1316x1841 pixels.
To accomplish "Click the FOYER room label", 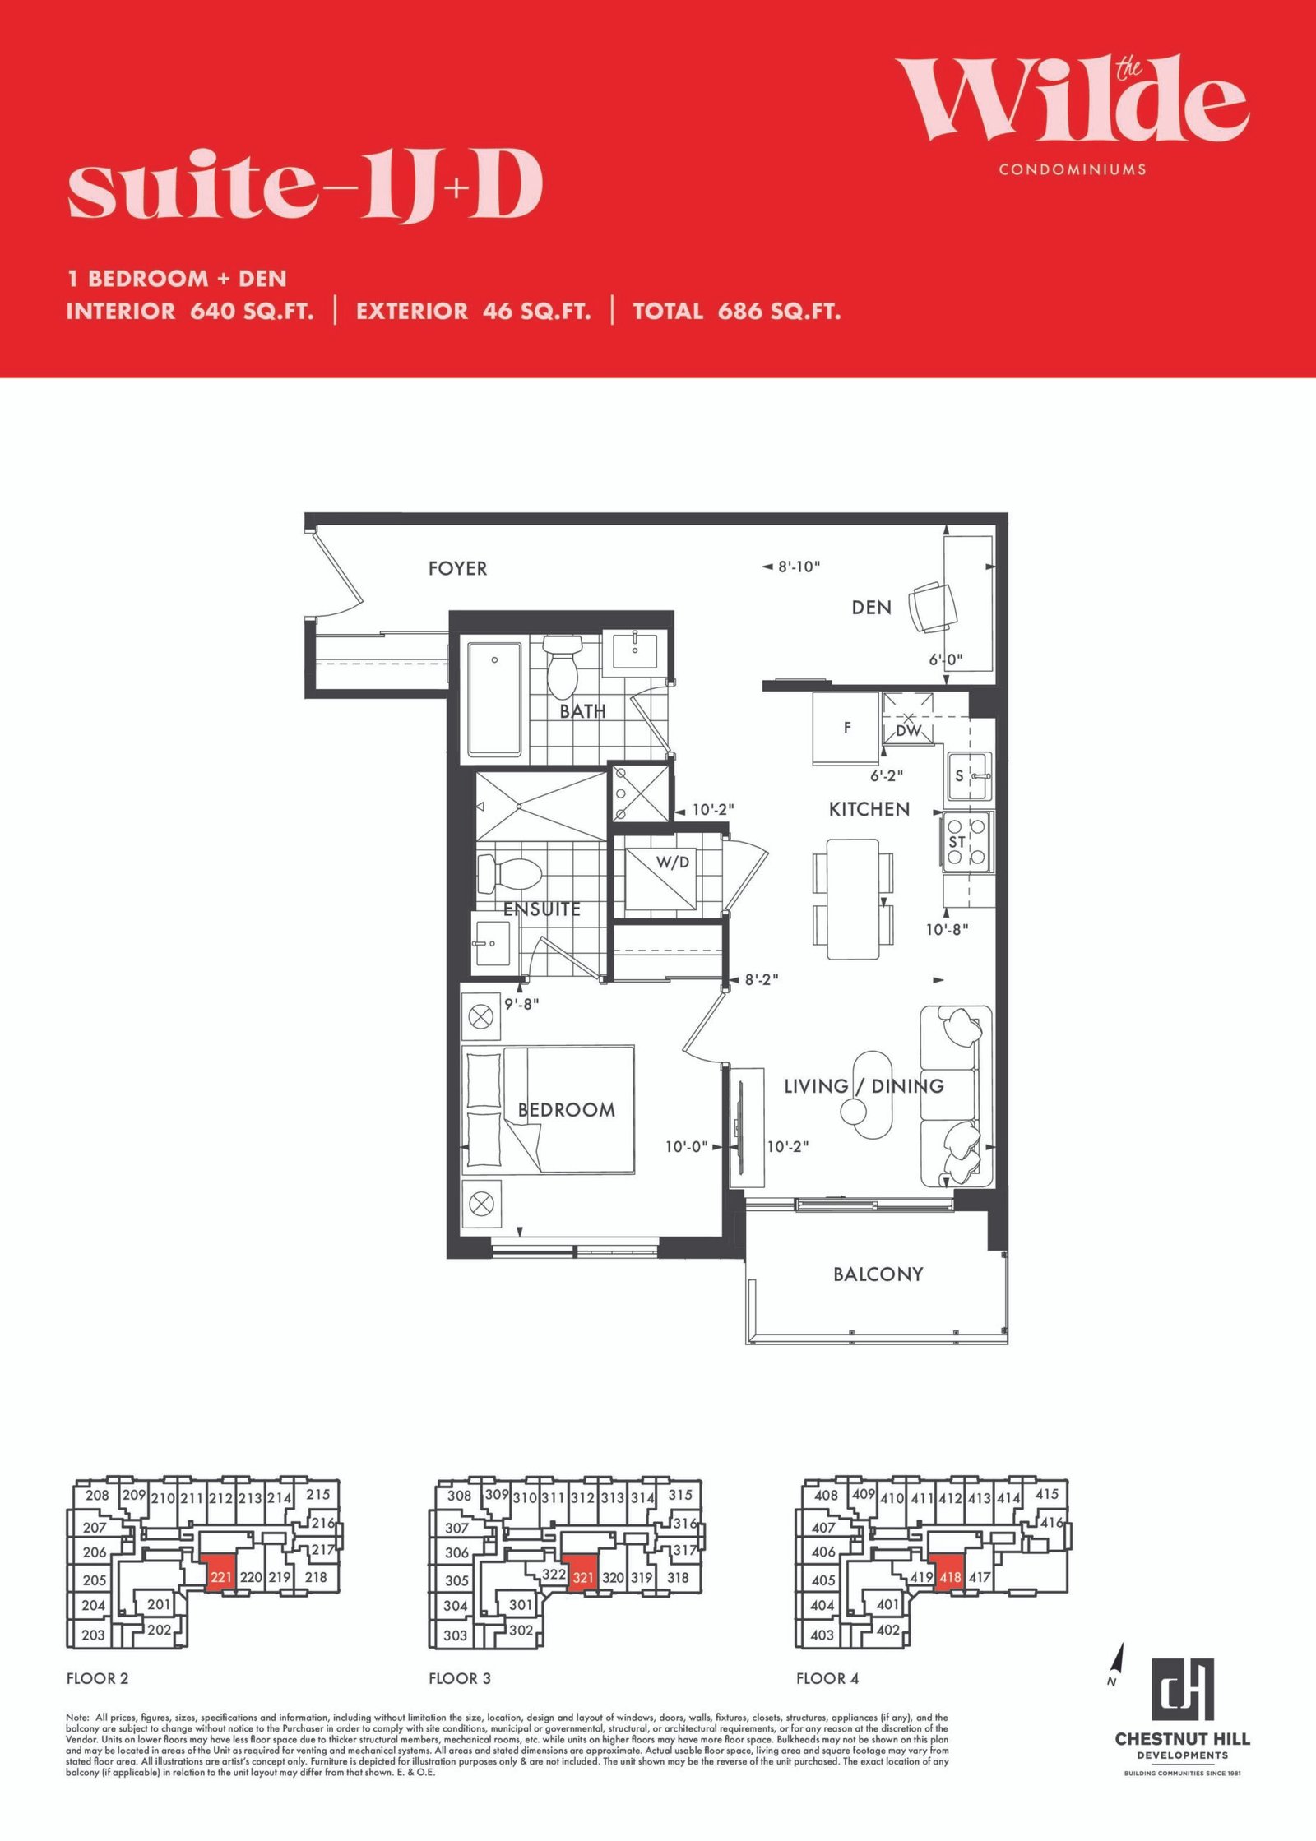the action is coord(457,568).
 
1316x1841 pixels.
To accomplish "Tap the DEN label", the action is coord(871,608).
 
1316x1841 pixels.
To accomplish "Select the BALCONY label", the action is coord(878,1274).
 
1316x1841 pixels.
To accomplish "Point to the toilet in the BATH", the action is coord(563,666).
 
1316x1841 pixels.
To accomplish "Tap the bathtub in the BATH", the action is coord(494,699).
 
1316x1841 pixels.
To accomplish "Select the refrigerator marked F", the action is coord(846,729).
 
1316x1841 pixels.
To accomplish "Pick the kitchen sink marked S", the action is coord(969,776).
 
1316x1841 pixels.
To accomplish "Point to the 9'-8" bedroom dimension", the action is coord(521,1004).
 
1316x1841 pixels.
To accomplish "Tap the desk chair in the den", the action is coord(933,607).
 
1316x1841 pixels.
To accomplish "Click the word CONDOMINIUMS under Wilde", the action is coord(1073,169).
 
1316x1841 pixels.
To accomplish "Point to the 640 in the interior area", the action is coord(212,311).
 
